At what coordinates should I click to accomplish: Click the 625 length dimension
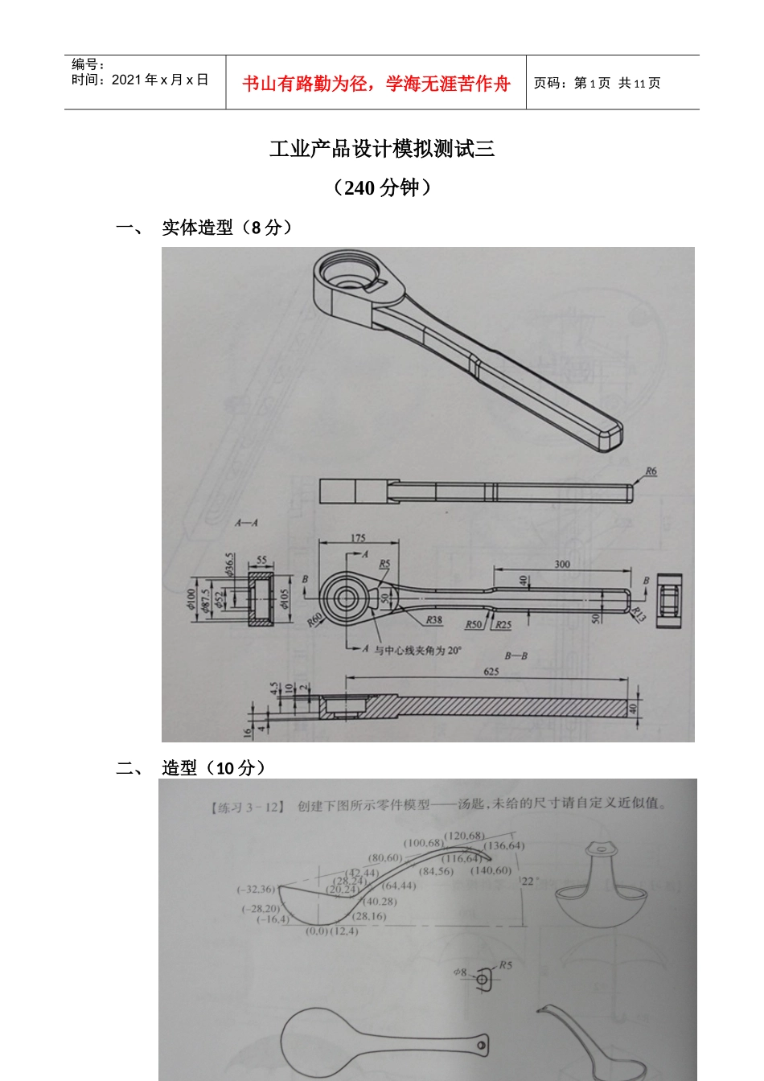(x=491, y=671)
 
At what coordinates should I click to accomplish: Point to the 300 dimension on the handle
(x=562, y=564)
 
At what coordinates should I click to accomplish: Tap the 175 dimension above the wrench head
(x=358, y=538)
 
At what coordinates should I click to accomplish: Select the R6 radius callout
(x=651, y=471)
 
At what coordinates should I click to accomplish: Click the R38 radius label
(x=433, y=620)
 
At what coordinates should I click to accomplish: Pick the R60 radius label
(x=314, y=620)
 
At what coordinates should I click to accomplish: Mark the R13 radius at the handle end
(x=638, y=614)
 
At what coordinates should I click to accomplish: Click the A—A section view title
(x=246, y=523)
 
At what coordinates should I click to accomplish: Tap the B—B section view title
(x=515, y=656)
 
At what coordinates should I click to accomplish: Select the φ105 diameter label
(x=283, y=599)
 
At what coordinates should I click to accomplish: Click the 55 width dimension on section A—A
(x=261, y=560)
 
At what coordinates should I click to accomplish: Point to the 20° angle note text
(x=417, y=650)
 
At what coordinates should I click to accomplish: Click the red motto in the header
(x=376, y=84)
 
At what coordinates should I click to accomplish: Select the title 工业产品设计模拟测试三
(x=381, y=149)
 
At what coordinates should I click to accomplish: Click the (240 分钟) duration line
(x=381, y=187)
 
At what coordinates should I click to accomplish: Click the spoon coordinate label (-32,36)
(x=256, y=889)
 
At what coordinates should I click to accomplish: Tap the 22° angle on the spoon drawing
(x=529, y=881)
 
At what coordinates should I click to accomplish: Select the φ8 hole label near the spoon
(x=459, y=972)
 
